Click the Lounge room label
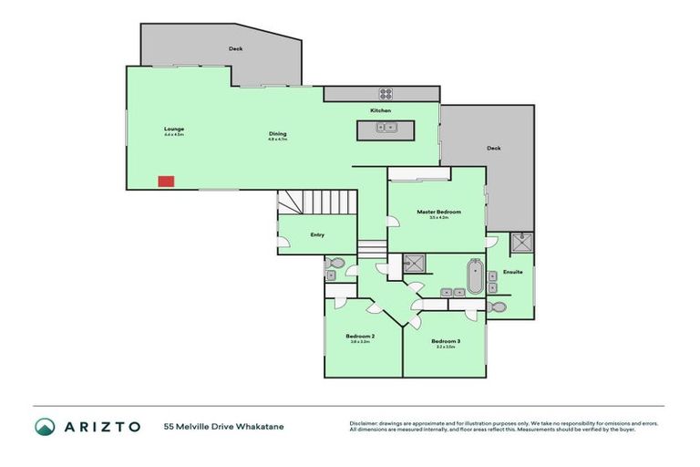174,129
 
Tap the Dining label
277,134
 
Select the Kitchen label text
380,110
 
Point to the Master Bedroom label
438,212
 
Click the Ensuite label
513,272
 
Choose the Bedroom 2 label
360,337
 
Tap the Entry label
317,234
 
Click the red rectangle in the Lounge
166,181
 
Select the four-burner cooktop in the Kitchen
386,93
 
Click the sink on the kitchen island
386,128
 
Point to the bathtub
474,275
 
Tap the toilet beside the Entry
335,265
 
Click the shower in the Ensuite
522,244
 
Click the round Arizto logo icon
45,426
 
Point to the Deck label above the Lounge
235,48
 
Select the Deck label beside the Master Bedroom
493,148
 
